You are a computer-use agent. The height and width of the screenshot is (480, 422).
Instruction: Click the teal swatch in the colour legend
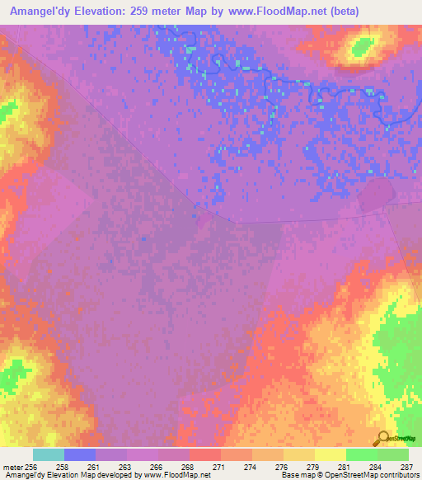[48, 454]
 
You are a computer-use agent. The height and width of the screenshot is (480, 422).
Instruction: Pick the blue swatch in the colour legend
[79, 454]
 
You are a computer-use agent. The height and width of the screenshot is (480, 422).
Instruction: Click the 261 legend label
[94, 466]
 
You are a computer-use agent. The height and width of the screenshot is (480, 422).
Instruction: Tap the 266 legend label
[156, 466]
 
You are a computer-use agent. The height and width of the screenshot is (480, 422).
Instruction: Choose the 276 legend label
[281, 466]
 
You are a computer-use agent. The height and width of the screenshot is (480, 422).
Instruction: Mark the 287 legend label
[406, 466]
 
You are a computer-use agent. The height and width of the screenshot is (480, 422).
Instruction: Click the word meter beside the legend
[12, 466]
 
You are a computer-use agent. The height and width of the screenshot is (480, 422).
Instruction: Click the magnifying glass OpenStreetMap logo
[382, 439]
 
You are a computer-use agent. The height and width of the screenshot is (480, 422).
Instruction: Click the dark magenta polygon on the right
[376, 196]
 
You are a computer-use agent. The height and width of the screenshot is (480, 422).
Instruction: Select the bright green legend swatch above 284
[360, 454]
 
